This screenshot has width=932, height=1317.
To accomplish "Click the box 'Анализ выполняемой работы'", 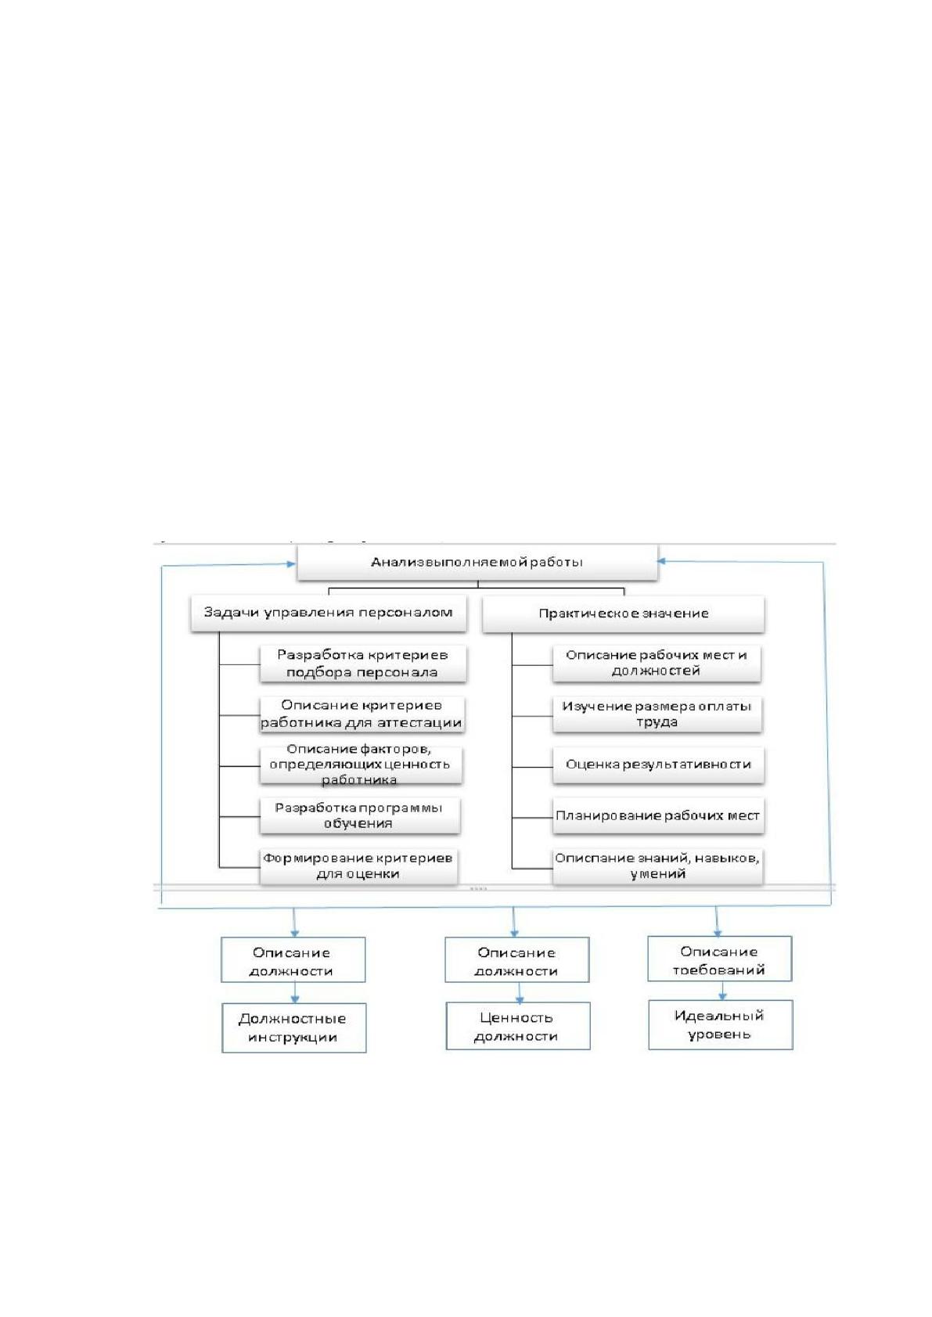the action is pyautogui.click(x=477, y=562).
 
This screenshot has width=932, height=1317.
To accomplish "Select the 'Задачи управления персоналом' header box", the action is pyautogui.click(x=329, y=614).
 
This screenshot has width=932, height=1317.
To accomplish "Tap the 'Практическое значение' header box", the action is pyautogui.click(x=624, y=614).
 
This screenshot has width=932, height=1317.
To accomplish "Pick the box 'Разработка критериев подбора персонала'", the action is pyautogui.click(x=363, y=664).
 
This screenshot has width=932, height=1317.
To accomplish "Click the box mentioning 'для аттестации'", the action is pyautogui.click(x=362, y=714).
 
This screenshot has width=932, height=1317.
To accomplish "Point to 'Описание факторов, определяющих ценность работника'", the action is pyautogui.click(x=361, y=765).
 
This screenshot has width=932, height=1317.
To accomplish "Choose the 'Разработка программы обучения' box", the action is pyautogui.click(x=359, y=815).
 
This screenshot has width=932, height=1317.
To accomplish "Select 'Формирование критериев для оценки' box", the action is pyautogui.click(x=358, y=866).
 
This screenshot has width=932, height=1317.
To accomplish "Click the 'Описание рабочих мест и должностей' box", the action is pyautogui.click(x=657, y=664).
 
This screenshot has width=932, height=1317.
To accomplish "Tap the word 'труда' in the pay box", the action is pyautogui.click(x=657, y=722).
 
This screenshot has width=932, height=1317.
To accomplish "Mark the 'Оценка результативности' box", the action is pyautogui.click(x=658, y=765).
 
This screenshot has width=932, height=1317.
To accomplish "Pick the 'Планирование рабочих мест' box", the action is pyautogui.click(x=658, y=816).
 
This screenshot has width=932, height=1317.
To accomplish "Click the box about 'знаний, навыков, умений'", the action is pyautogui.click(x=657, y=866).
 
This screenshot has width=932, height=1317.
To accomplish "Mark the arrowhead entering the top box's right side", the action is pyautogui.click(x=660, y=561).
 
